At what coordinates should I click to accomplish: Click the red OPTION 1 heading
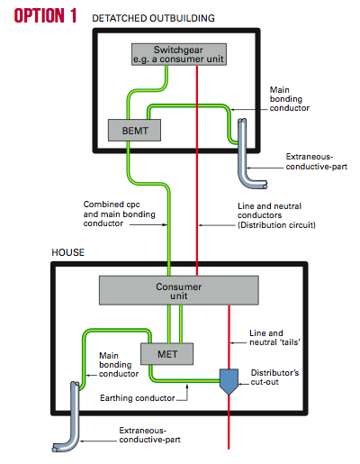pyautogui.click(x=45, y=15)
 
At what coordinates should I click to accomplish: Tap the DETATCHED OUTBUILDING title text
pyautogui.click(x=153, y=18)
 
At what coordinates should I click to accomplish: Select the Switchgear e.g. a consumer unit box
pyautogui.click(x=179, y=54)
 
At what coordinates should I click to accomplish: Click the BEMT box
pyautogui.click(x=134, y=131)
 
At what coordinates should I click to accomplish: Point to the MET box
pyautogui.click(x=167, y=354)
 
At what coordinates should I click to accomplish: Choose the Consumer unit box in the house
pyautogui.click(x=179, y=290)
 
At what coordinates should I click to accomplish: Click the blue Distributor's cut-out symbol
pyautogui.click(x=229, y=381)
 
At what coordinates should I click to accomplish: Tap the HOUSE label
pyautogui.click(x=68, y=252)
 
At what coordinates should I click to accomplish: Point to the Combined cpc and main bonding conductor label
pyautogui.click(x=120, y=214)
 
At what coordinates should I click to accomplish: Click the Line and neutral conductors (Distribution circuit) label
pyautogui.click(x=276, y=215)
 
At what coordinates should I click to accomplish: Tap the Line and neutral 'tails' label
pyautogui.click(x=274, y=338)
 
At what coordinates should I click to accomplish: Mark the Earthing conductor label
pyautogui.click(x=138, y=398)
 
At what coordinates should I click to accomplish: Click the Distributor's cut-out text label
pyautogui.click(x=274, y=378)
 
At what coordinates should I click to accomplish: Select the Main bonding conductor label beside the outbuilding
pyautogui.click(x=289, y=99)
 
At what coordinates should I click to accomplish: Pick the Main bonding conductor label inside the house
pyautogui.click(x=119, y=365)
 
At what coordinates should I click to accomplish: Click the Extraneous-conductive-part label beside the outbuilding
pyautogui.click(x=317, y=161)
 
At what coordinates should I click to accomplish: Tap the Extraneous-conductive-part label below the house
pyautogui.click(x=149, y=435)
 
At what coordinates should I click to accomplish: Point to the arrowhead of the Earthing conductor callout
pyautogui.click(x=187, y=386)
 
